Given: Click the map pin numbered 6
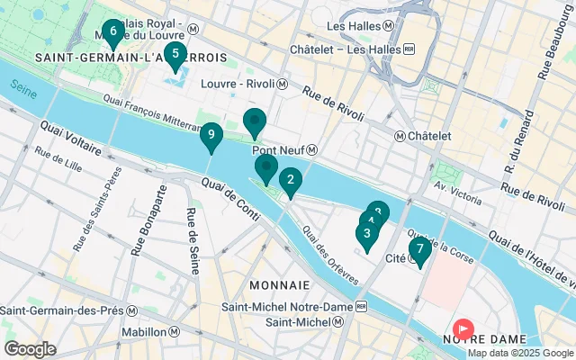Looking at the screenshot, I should coord(112,32).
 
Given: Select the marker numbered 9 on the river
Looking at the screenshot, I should coord(210,136).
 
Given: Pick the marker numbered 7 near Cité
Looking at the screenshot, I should coord(419,249).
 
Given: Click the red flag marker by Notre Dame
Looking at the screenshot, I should coord(464,330).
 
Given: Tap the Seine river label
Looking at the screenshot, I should coord(26,87).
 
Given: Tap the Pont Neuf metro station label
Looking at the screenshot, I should coord(283,150).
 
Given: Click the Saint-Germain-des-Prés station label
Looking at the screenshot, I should coord(68,310).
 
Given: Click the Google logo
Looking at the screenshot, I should coord(31,348).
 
